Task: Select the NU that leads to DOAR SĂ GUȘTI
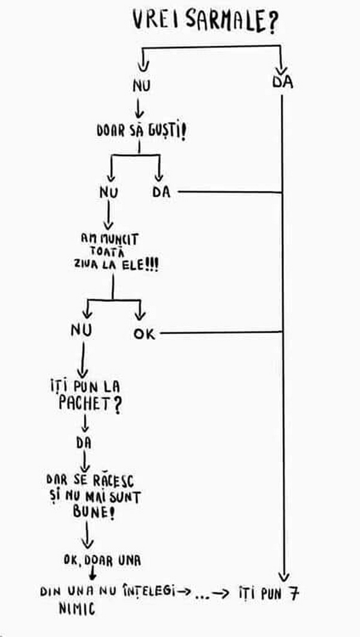pyautogui.click(x=142, y=86)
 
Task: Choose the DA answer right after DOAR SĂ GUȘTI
pyautogui.click(x=161, y=192)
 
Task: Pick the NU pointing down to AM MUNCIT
pyautogui.click(x=109, y=192)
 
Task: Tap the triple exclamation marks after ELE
pyautogui.click(x=152, y=264)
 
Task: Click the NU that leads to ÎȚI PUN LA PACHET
pyautogui.click(x=81, y=331)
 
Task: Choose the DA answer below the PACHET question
pyautogui.click(x=84, y=443)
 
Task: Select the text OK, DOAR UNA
pyautogui.click(x=101, y=560)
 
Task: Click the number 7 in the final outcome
pyautogui.click(x=293, y=593)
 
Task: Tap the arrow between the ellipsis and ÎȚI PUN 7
pyautogui.click(x=221, y=593)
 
